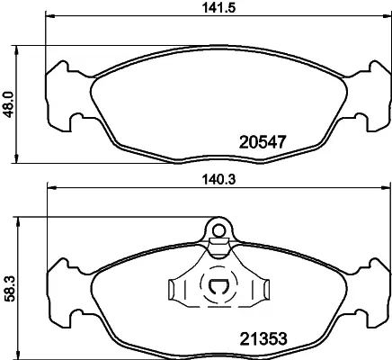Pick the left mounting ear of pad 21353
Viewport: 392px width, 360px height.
pos(62,289)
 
